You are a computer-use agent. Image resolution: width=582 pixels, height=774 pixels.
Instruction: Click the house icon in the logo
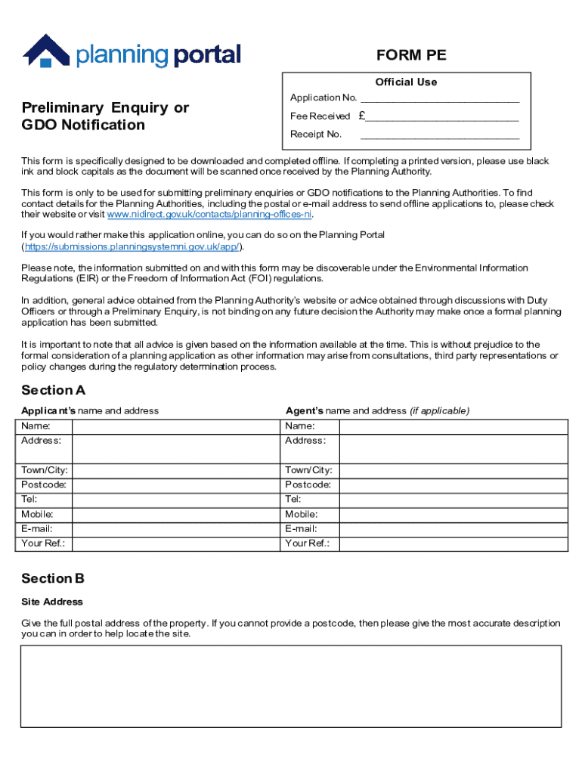click(x=46, y=51)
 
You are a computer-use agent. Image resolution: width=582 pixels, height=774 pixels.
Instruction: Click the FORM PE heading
click(x=411, y=55)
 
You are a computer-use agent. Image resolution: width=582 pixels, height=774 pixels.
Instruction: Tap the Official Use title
click(x=406, y=82)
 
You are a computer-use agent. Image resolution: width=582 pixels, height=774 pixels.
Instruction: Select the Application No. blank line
click(x=440, y=99)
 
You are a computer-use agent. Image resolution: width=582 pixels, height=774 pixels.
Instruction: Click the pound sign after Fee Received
click(x=363, y=116)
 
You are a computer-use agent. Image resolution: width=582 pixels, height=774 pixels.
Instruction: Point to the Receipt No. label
click(x=316, y=135)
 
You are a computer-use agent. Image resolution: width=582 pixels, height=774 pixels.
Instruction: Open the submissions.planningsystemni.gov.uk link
click(x=132, y=247)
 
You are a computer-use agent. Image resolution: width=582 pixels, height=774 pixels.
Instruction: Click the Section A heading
click(x=53, y=391)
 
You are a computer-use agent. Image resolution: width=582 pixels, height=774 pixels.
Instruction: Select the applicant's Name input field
click(x=175, y=426)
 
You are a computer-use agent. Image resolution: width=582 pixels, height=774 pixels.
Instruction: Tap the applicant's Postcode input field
click(x=175, y=485)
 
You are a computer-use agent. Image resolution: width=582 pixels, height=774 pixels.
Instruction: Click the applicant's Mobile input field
click(x=175, y=514)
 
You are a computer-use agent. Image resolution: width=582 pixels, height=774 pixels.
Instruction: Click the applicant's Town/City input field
click(x=175, y=470)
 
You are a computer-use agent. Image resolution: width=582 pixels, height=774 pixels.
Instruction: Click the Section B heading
click(x=53, y=579)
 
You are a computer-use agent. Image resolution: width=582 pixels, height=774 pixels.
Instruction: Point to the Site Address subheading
click(x=51, y=602)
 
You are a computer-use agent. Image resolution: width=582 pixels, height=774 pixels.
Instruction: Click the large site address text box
click(x=291, y=686)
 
